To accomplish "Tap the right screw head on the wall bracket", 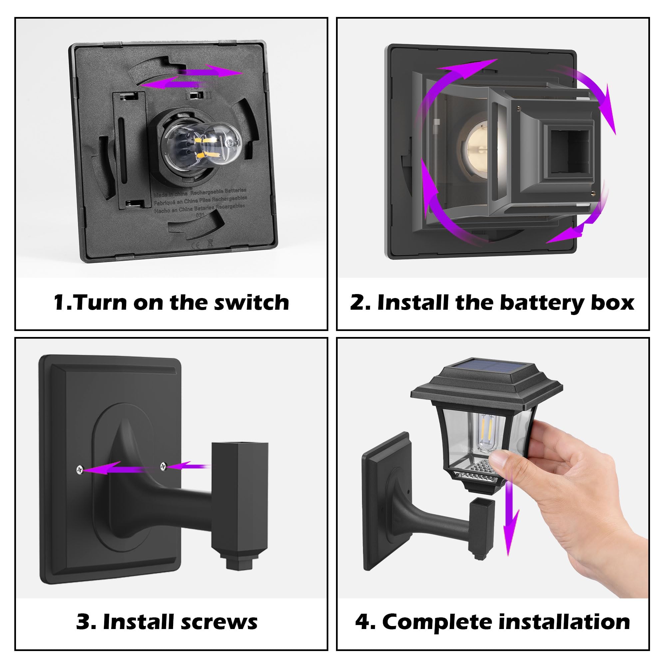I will point(163,467).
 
